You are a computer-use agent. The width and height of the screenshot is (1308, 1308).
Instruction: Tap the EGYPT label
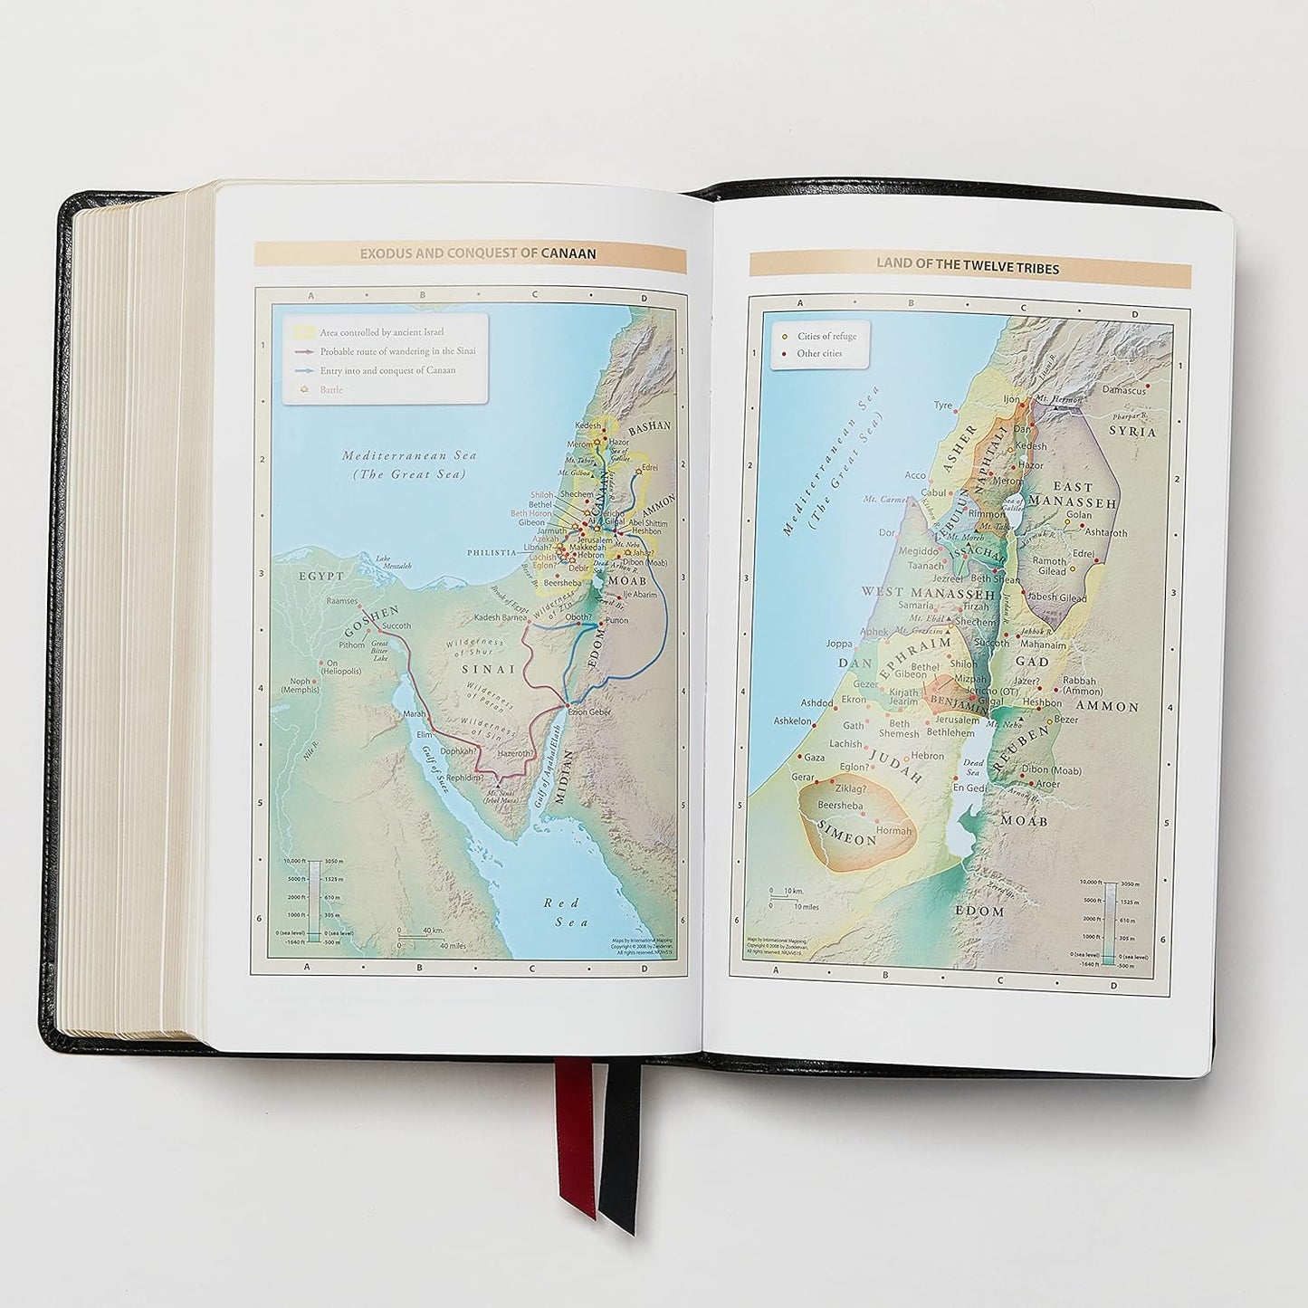tap(322, 576)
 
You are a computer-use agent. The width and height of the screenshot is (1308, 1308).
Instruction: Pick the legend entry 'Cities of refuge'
tap(826, 337)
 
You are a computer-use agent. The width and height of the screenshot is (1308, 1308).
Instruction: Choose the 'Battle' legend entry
tap(330, 389)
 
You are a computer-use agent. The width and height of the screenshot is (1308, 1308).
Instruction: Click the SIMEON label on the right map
tap(847, 838)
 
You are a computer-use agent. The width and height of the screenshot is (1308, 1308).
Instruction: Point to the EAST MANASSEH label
tap(1074, 494)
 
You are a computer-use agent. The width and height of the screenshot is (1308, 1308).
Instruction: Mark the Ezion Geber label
tap(589, 711)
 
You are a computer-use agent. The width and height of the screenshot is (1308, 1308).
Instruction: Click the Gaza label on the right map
tap(814, 757)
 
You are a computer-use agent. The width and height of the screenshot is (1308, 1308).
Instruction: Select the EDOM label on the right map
tap(980, 911)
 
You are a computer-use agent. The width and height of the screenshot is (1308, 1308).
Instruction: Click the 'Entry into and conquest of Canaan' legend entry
tap(387, 370)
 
